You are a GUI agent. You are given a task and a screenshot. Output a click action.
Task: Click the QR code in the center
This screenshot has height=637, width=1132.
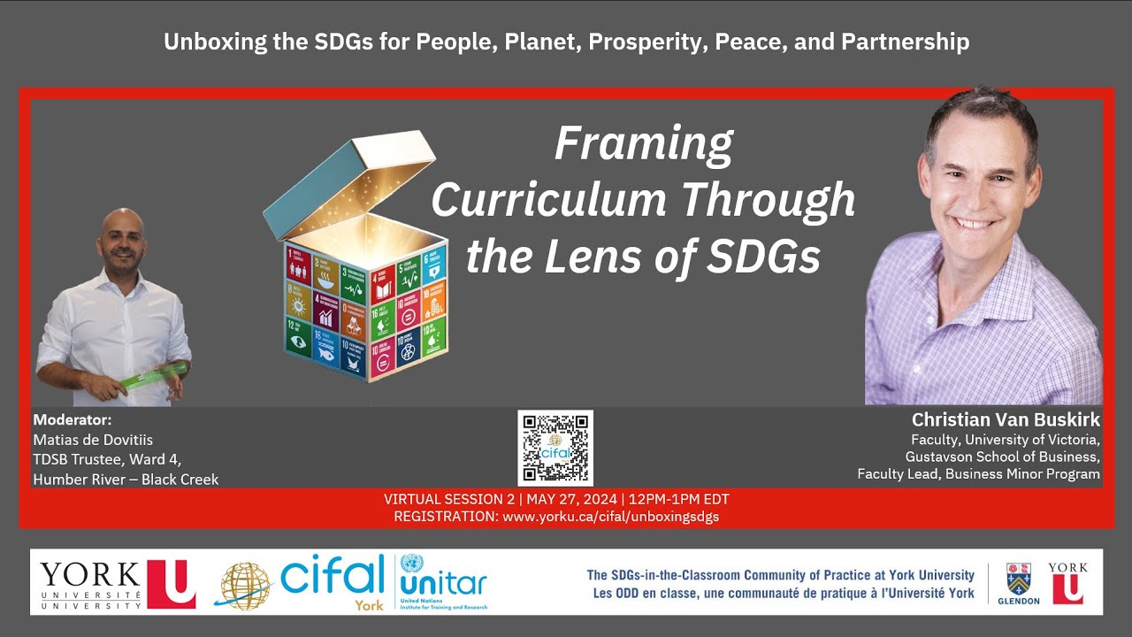(555, 448)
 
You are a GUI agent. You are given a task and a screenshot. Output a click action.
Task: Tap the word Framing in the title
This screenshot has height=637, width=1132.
(643, 143)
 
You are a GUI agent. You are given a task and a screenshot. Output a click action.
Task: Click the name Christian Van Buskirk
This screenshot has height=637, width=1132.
(1006, 419)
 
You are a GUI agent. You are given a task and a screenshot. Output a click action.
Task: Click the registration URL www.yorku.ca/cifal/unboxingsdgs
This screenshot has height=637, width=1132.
(610, 516)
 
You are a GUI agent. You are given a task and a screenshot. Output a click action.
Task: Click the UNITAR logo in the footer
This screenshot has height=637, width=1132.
(442, 581)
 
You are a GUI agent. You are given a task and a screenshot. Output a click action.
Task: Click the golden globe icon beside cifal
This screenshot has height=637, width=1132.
(245, 585)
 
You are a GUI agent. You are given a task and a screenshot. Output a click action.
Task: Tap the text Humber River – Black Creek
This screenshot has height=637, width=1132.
(126, 479)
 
